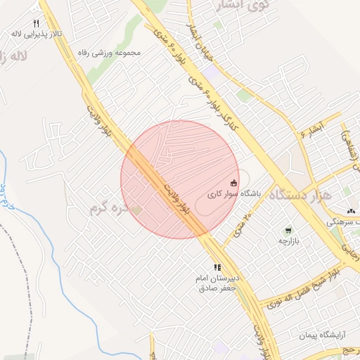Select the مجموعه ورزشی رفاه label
pos(113,53)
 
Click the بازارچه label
pos(288,241)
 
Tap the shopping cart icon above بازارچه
pos(288,231)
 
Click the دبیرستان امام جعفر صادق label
pos(218,283)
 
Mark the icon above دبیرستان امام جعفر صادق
pos(218,268)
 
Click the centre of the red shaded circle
pos(180,179)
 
